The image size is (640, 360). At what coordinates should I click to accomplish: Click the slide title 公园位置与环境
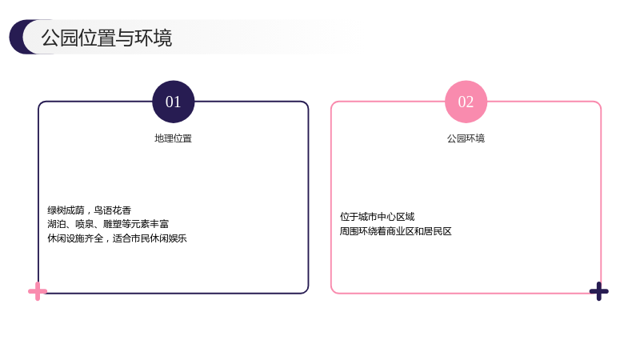coord(106,38)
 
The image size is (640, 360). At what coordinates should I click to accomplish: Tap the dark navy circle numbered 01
coord(173,102)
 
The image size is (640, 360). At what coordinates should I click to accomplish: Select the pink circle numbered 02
coord(466,102)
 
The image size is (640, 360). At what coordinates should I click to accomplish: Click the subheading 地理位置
coord(173,138)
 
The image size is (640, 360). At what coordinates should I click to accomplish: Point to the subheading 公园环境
coord(466,138)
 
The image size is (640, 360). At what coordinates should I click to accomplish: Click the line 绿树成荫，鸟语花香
coord(90,210)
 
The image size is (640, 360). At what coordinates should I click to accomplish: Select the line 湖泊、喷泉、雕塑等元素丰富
coord(108,224)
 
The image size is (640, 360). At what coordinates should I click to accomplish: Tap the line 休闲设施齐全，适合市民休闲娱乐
coord(117,238)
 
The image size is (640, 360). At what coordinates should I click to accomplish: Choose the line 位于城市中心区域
coord(377,217)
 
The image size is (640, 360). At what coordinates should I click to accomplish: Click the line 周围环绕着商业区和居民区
coord(395,231)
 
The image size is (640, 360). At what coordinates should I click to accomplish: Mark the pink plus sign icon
coord(38,291)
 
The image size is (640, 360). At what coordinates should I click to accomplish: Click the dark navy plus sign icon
coord(598,291)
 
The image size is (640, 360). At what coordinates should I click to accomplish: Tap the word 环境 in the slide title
coord(154,38)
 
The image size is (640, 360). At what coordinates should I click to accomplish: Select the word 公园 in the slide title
coord(59,38)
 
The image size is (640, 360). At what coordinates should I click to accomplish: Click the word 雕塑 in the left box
coord(113,224)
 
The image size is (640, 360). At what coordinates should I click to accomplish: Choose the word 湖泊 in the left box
coord(57,224)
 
